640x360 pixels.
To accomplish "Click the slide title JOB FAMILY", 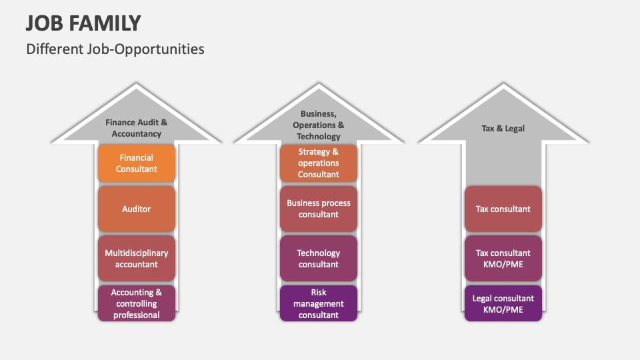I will click(83, 23).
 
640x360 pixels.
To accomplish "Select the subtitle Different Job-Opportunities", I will click(115, 49).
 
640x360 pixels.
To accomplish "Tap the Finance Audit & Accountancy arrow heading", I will click(137, 128).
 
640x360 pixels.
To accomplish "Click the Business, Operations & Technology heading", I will click(319, 125).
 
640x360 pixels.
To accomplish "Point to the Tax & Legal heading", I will click(503, 128).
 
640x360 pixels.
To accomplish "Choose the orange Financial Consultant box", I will click(137, 163).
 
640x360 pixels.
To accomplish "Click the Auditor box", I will click(137, 209).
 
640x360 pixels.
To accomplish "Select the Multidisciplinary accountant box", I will click(137, 258).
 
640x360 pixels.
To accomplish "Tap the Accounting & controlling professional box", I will click(137, 303).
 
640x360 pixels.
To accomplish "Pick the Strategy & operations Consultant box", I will click(319, 163).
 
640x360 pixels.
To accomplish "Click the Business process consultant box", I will click(319, 209).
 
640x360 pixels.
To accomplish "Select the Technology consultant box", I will click(319, 258).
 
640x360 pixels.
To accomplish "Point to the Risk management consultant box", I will click(319, 303).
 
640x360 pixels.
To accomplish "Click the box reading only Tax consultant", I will click(503, 209).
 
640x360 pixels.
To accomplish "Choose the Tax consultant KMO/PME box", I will click(503, 258).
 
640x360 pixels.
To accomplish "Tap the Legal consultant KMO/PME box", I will click(503, 303).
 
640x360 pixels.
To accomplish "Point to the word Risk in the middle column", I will click(319, 292).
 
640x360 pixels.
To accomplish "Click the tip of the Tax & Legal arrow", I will click(503, 85).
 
